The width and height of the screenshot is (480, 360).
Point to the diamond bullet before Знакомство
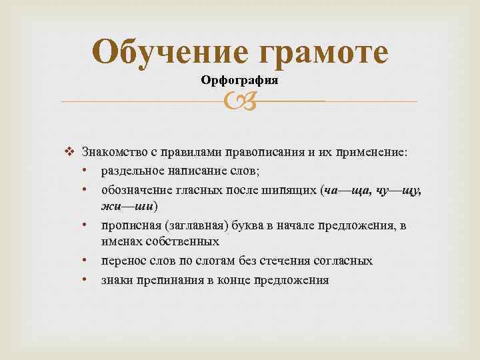coord(73,152)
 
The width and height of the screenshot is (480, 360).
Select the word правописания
coord(263,152)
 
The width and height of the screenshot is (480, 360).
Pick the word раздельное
coord(130,171)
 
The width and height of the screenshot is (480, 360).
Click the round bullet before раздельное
coord(87,171)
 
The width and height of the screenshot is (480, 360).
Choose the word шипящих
coord(293,191)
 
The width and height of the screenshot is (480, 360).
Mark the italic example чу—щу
coord(398,191)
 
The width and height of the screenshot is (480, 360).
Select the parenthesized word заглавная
coord(185,225)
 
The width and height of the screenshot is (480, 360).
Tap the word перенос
coord(123,261)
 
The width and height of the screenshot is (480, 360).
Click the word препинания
coord(169,280)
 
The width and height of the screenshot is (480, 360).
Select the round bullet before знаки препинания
coord(87,280)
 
